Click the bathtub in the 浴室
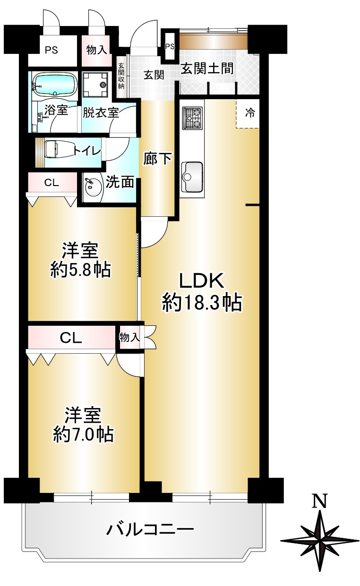(55, 84)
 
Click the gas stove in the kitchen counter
(192, 118)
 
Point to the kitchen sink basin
(192, 177)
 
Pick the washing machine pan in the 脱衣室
(95, 85)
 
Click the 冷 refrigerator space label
(250, 113)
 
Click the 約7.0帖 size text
(83, 434)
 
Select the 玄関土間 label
(207, 69)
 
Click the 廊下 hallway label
(157, 158)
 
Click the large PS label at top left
(51, 50)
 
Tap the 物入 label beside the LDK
(129, 338)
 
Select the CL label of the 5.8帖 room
(51, 183)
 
